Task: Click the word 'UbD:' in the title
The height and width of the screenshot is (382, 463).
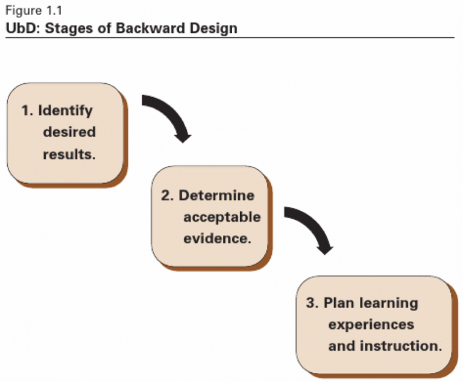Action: coord(21,28)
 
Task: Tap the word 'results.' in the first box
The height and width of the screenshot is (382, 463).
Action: coord(69,154)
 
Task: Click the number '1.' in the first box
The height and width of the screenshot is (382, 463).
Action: coord(27,111)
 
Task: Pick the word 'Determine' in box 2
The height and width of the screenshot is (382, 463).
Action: coord(216,196)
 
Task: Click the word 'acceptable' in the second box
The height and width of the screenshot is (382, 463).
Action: coord(222,217)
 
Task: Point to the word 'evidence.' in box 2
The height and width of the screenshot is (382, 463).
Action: coord(216,238)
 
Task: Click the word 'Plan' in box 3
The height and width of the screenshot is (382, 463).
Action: coord(339,302)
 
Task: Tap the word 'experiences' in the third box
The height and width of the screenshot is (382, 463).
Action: coord(371,324)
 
